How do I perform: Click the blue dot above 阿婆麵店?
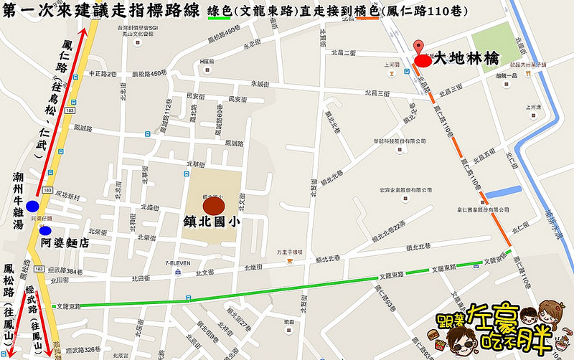(x=45, y=231)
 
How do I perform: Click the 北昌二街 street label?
(x=344, y=53)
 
